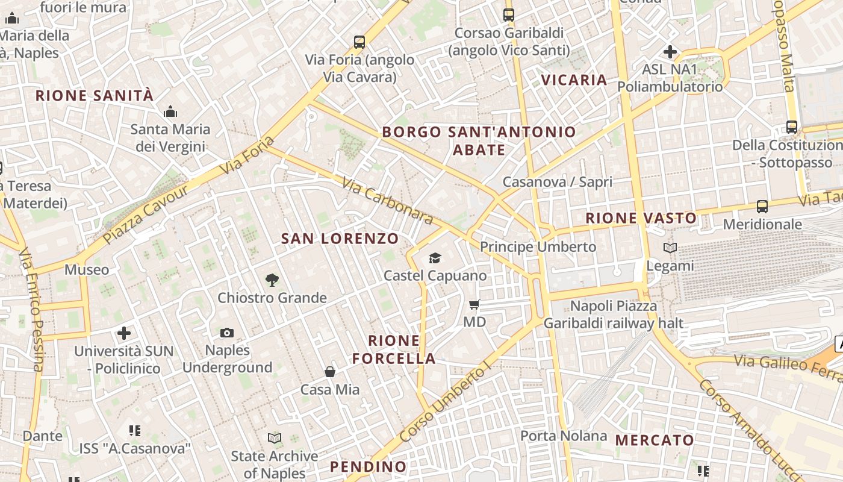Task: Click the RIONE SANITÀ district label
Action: pos(95,95)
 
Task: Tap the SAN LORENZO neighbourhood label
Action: pos(340,239)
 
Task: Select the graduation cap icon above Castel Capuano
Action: pos(435,258)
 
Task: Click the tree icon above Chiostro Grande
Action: pos(272,280)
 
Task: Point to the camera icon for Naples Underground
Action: pos(227,333)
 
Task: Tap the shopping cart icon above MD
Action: pos(474,305)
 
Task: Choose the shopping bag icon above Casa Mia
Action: pos(330,372)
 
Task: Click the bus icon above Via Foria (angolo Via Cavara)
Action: pos(359,42)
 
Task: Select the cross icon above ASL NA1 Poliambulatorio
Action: pos(670,52)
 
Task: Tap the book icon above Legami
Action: pos(670,248)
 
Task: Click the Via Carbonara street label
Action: pos(387,200)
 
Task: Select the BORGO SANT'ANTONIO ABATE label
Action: pos(479,140)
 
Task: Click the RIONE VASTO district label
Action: pos(641,218)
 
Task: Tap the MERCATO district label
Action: pos(654,440)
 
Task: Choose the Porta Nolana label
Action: pos(564,436)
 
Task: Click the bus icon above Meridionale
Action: pos(762,207)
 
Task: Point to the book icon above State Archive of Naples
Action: pos(275,438)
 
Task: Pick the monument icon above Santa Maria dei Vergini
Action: pos(170,111)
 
